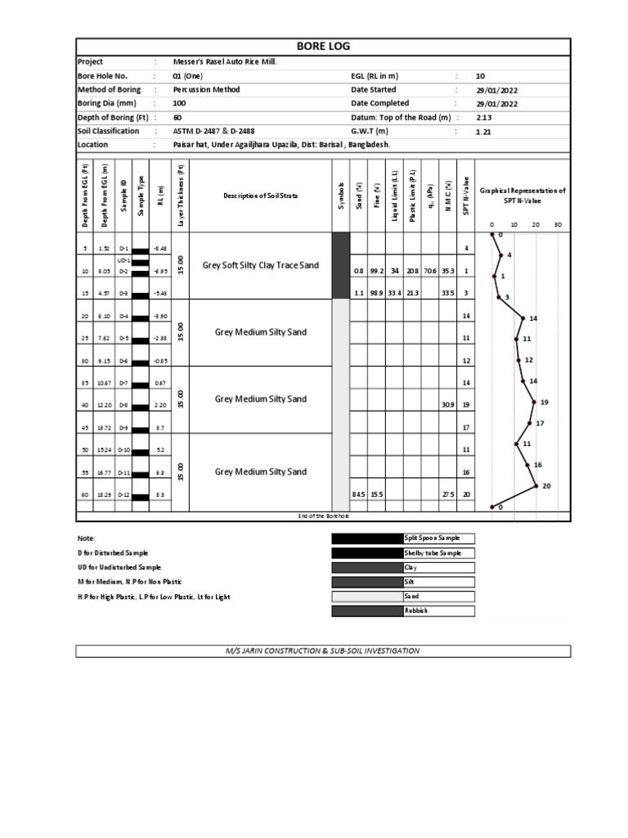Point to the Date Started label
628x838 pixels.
coord(373,89)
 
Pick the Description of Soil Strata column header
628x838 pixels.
coord(261,196)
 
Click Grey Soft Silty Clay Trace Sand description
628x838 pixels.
coord(261,265)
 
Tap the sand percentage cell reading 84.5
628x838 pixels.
coord(358,494)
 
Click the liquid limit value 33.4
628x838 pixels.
coord(396,292)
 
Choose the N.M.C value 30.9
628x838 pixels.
coord(447,405)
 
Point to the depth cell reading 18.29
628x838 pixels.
coord(104,494)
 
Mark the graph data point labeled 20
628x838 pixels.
coord(536,485)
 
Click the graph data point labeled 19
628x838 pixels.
coord(534,402)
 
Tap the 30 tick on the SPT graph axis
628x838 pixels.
coord(558,225)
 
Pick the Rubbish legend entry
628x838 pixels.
coord(417,610)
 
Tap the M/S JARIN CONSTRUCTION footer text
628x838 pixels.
coord(323,651)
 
